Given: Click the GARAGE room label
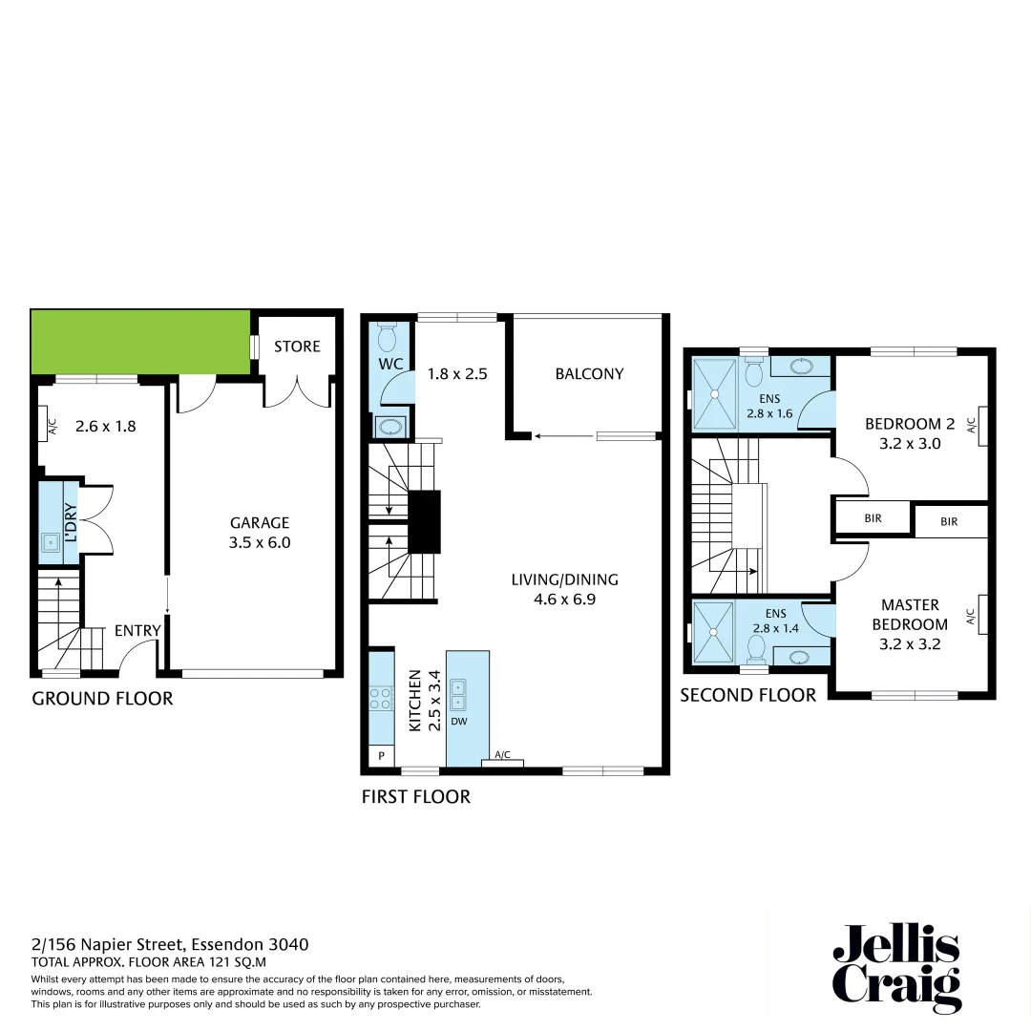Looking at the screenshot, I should point(259,523).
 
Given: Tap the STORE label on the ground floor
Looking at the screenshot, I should point(297,346).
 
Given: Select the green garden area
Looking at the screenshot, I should point(140,341).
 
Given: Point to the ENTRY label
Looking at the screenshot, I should point(137,630).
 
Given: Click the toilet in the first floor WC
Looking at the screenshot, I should point(388,338).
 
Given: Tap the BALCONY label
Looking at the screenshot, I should point(589,374).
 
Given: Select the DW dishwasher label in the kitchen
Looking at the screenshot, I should point(459,722).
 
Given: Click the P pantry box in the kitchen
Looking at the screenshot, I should point(382,754).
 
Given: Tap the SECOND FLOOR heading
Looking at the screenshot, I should point(747,695).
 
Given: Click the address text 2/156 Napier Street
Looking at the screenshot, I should point(170,944).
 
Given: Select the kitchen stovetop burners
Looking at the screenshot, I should point(381,698).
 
